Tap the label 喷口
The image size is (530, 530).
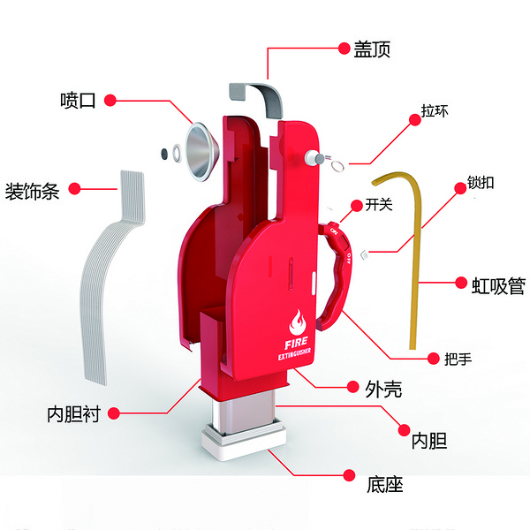(x=77, y=100)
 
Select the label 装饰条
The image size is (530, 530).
(x=33, y=190)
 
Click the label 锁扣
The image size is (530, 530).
(x=481, y=185)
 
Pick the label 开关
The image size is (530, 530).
(x=378, y=205)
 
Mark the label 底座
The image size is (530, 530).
(x=385, y=484)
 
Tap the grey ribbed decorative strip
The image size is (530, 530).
(x=108, y=274)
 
